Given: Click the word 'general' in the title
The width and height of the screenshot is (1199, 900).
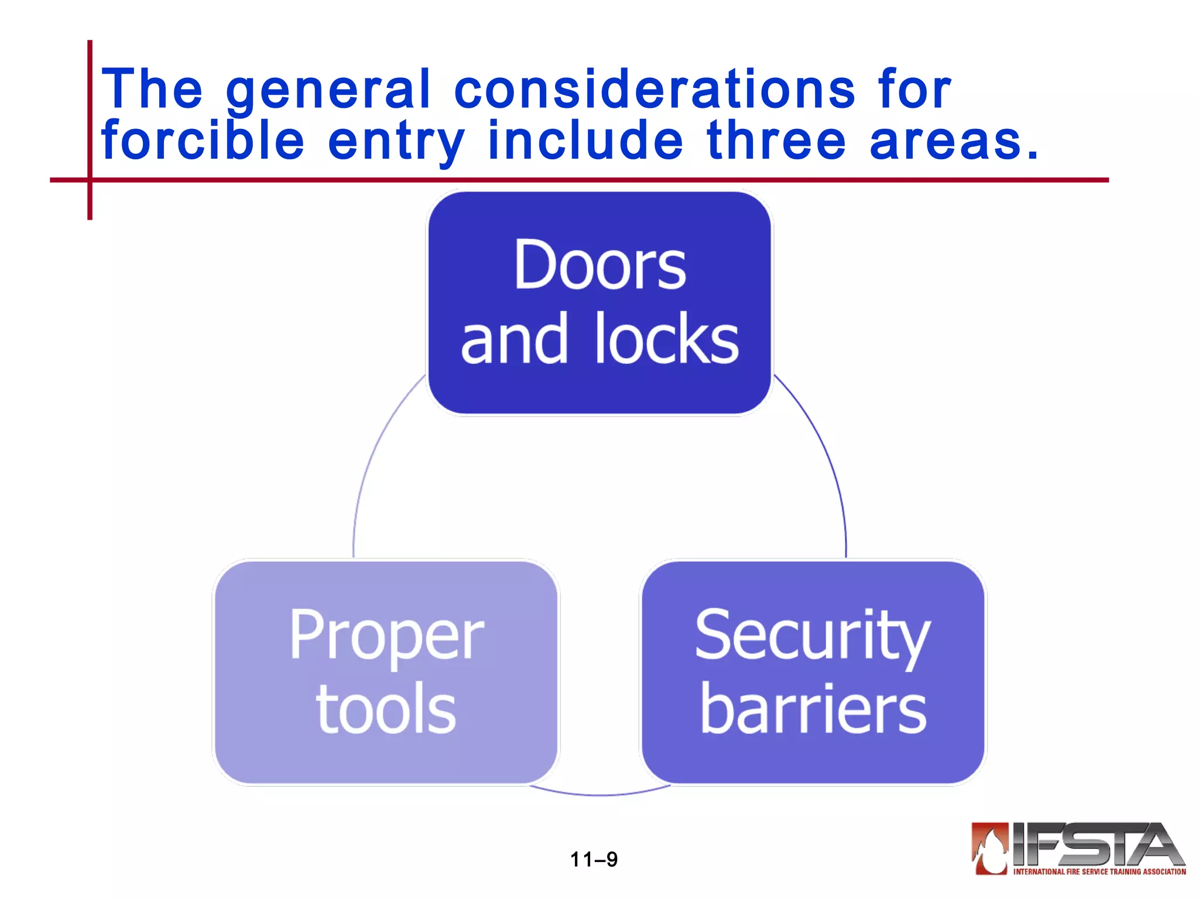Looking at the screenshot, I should (x=328, y=91).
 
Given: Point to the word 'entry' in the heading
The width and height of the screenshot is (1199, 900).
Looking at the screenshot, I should (x=396, y=142).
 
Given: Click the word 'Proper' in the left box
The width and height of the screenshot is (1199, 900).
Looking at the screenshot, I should (x=386, y=636).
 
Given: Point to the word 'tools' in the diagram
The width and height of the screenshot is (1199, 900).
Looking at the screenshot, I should (x=386, y=709).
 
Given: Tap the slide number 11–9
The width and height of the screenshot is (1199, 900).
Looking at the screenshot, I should (x=594, y=860).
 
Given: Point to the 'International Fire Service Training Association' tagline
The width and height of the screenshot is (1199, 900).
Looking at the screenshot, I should (x=1099, y=872).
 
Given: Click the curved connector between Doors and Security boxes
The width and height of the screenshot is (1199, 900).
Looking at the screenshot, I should (x=825, y=457).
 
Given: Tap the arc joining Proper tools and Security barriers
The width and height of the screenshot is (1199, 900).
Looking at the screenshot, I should (x=599, y=794).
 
